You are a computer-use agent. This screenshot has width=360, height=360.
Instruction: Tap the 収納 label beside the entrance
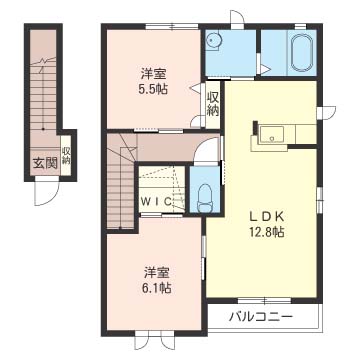(x=66, y=155)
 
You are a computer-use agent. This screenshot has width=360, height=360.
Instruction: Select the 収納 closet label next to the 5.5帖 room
(x=213, y=103)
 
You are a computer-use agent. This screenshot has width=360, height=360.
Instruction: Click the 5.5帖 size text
(x=153, y=87)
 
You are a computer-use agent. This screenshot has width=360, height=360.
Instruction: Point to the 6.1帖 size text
(x=154, y=287)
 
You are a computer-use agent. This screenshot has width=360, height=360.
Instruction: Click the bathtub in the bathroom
(x=300, y=54)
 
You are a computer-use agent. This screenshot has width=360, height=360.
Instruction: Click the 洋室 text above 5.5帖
(x=153, y=72)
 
